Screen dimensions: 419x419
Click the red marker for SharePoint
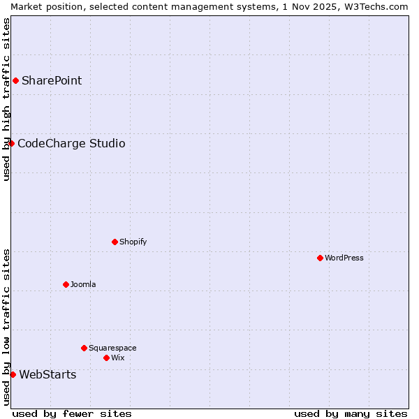(15, 80)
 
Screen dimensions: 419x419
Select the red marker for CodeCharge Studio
(11, 143)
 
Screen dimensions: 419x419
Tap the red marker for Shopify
(115, 242)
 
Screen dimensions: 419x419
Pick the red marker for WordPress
(320, 258)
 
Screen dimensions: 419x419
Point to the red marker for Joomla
(66, 284)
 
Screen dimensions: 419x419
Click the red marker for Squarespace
(84, 348)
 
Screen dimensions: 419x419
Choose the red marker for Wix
(106, 358)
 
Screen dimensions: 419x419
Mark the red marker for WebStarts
(13, 374)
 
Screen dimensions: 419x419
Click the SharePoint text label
(52, 80)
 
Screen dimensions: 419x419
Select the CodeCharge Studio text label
(71, 144)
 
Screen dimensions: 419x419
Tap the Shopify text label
(133, 242)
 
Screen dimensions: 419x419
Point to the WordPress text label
(344, 258)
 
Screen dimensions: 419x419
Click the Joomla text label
(83, 284)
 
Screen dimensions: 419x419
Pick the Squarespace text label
(112, 348)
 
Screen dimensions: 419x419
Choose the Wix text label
(117, 358)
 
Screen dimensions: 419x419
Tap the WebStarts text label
(47, 375)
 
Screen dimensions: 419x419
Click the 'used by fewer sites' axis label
(72, 413)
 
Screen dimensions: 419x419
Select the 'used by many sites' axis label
(351, 413)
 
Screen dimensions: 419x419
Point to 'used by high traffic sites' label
(6, 99)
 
